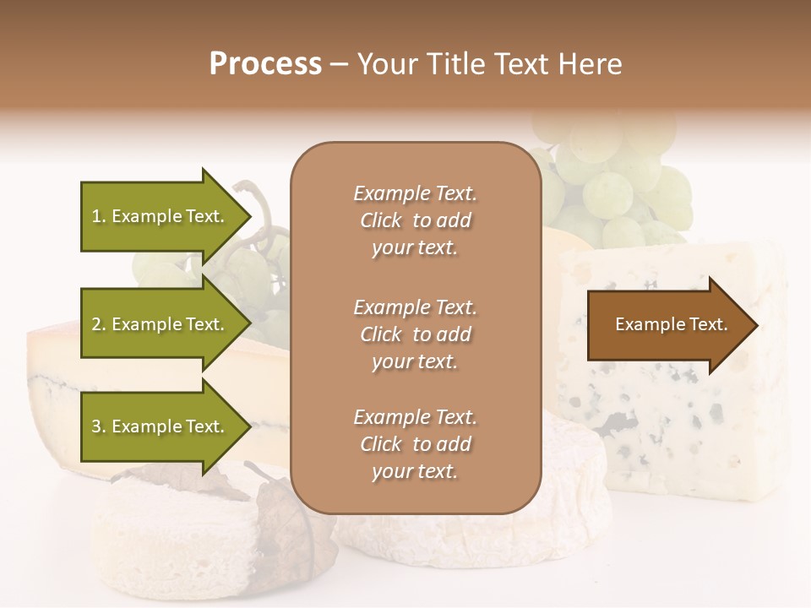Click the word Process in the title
click(x=265, y=64)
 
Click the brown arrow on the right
click(x=667, y=325)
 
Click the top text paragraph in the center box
click(x=415, y=220)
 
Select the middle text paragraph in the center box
click(x=415, y=334)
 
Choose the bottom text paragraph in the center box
click(x=415, y=444)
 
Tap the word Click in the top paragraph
click(x=380, y=220)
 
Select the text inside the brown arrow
click(x=672, y=324)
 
